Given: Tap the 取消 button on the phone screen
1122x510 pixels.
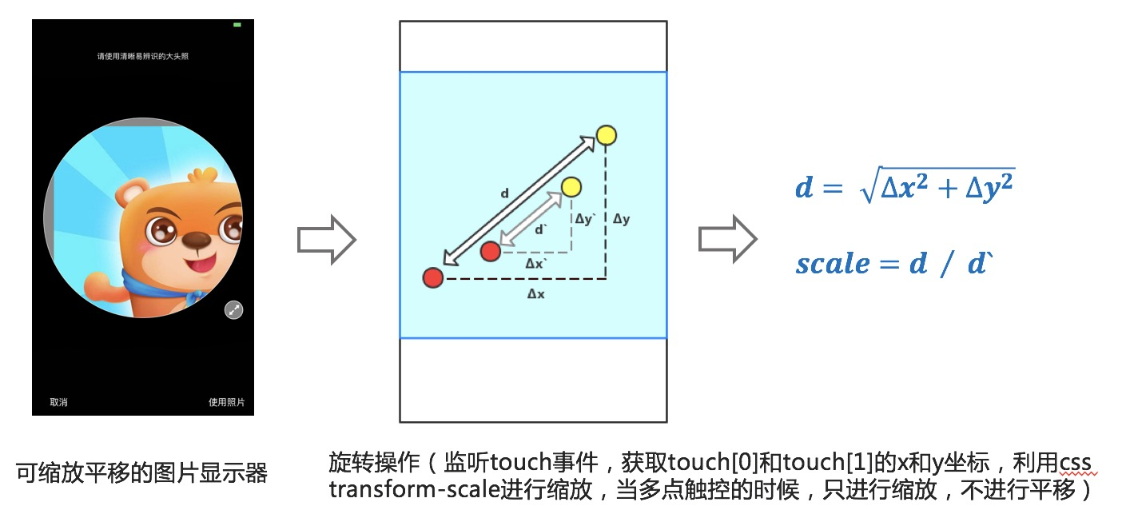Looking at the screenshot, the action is pos(58,402).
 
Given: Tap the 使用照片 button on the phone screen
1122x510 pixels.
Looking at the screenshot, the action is pos(226,402).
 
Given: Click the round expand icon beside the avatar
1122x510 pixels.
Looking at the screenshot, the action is pos(233,310).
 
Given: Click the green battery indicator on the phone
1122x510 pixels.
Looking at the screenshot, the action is pos(237,26).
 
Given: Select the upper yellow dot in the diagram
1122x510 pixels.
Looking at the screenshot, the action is pos(607,135).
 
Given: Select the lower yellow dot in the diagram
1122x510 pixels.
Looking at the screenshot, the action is pos(571,187).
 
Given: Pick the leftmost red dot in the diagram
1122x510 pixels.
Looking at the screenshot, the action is pos(433,277).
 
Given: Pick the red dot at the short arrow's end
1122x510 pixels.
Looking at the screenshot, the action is pos(490,252).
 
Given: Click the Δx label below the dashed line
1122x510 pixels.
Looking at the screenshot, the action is pos(535,294).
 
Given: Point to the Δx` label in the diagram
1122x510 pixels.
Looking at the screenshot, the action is pos(535,263).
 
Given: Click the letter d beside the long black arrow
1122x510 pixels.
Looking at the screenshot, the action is pos(504,193).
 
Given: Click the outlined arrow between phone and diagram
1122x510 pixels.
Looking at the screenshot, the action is pos(326,239).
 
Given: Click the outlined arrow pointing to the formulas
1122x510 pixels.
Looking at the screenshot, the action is pos(727,239).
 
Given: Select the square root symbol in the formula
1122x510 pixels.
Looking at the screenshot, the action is pos(866,189).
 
